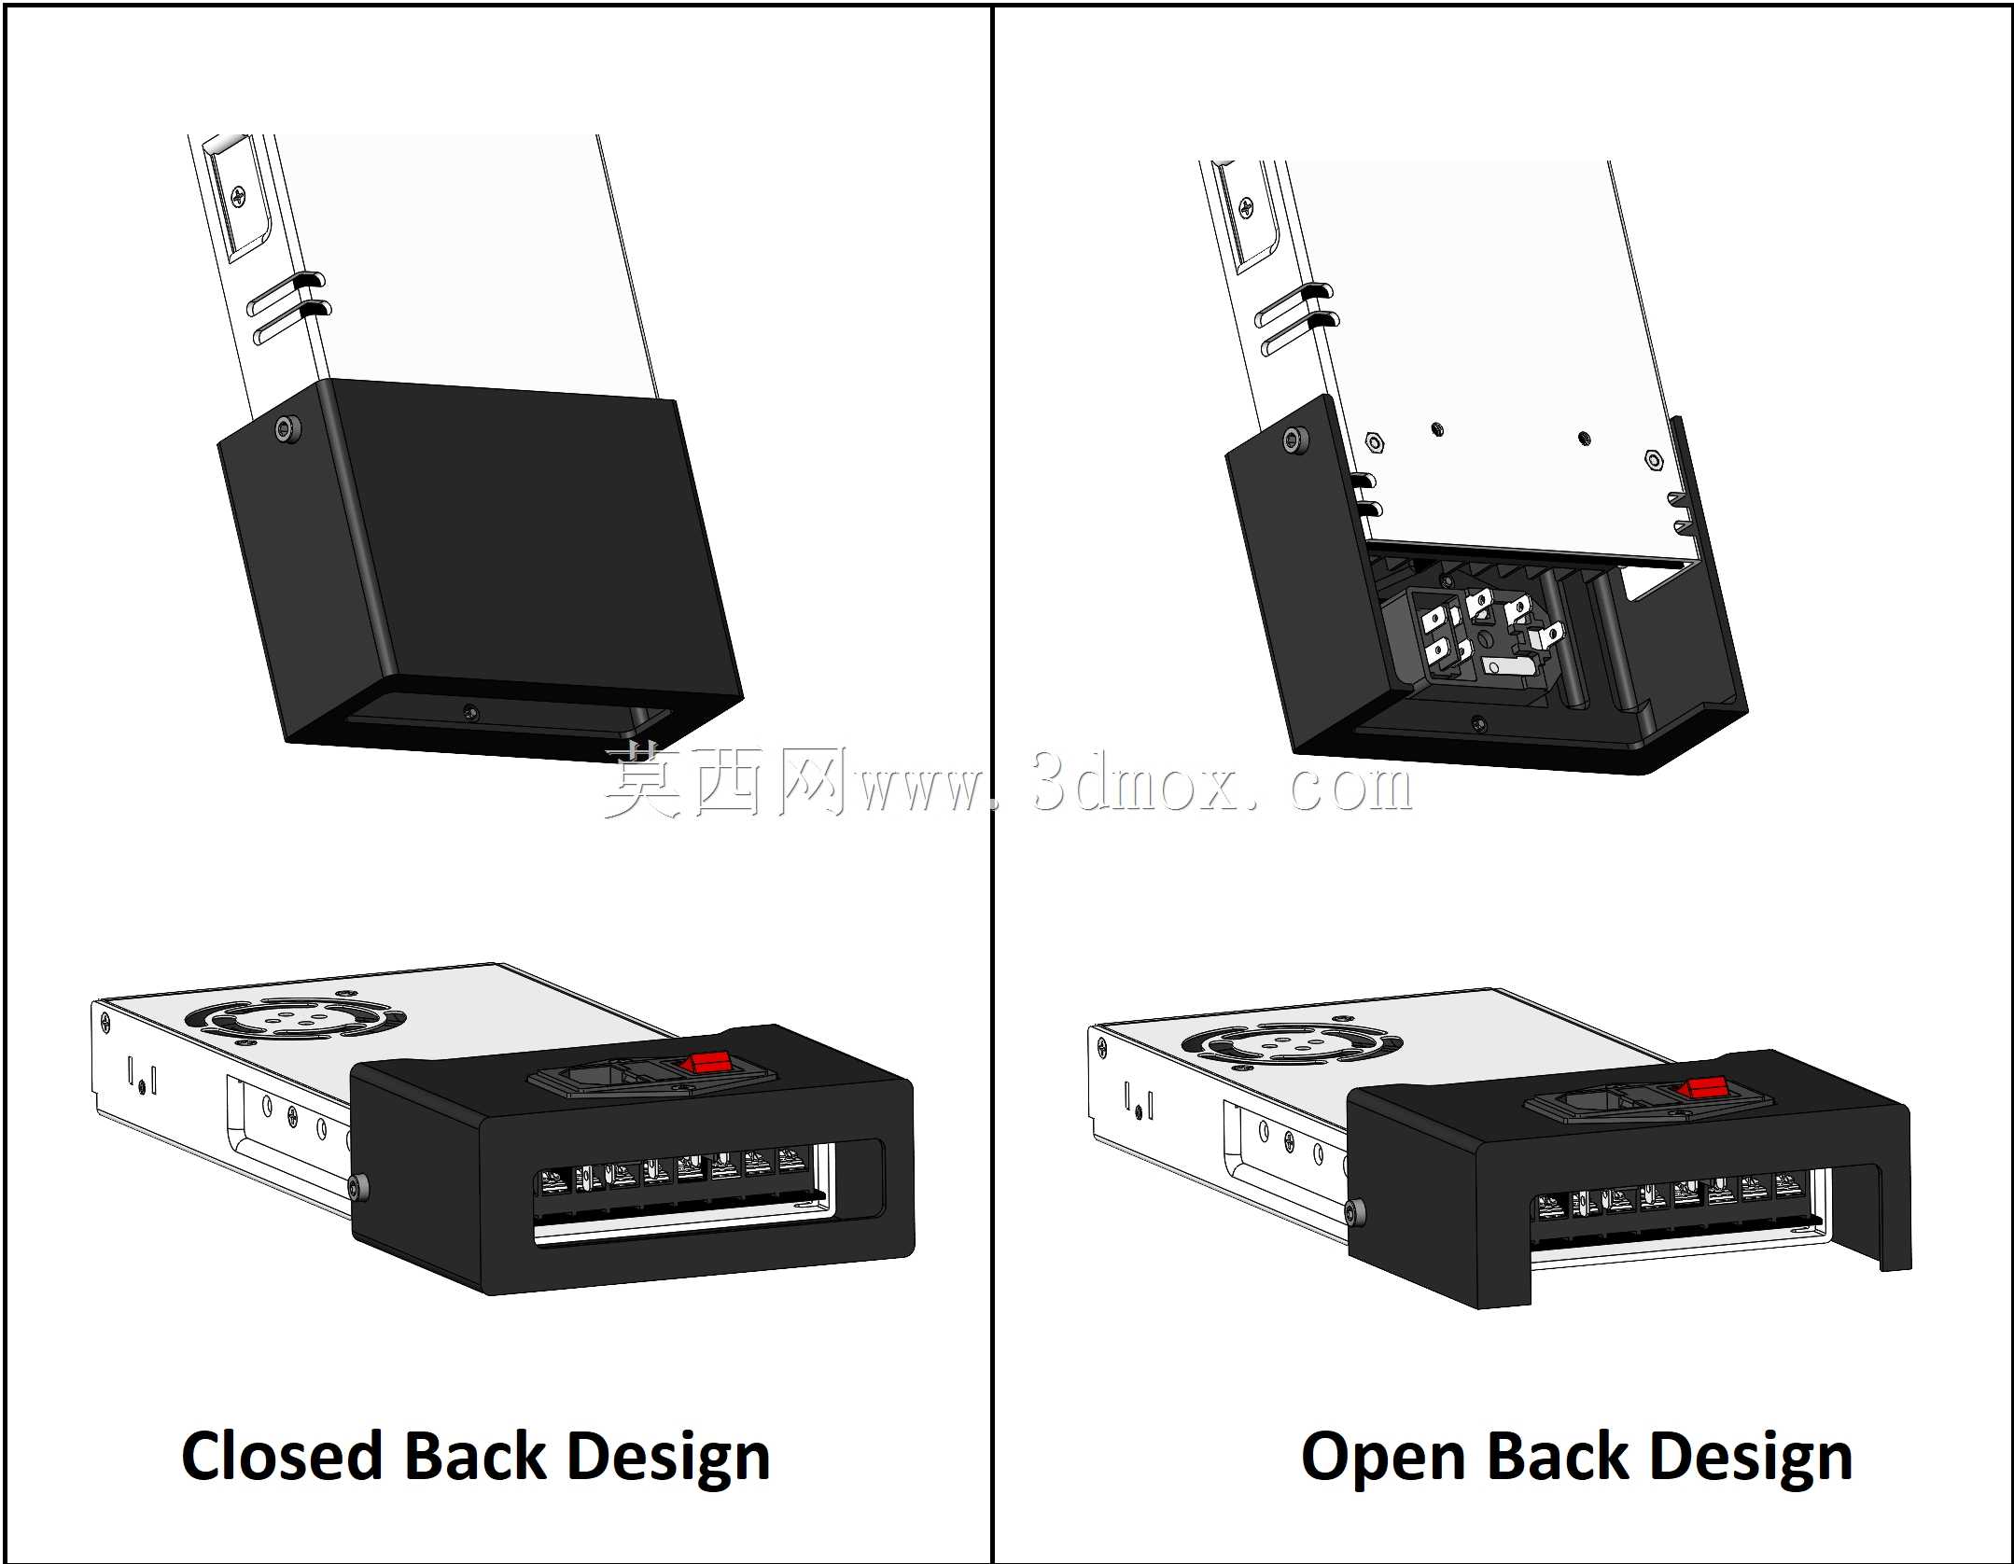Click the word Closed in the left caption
tap(282, 1457)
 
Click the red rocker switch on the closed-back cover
tap(706, 1062)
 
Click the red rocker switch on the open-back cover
tap(1703, 1087)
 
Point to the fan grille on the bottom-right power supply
tap(1292, 1042)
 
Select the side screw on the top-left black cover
tap(288, 428)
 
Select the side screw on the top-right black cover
tap(1295, 440)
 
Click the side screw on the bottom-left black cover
tap(360, 1187)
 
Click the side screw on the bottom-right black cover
tap(1356, 1212)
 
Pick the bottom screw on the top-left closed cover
tap(470, 712)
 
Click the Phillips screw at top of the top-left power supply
tap(240, 197)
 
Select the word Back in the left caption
tap(475, 1457)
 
